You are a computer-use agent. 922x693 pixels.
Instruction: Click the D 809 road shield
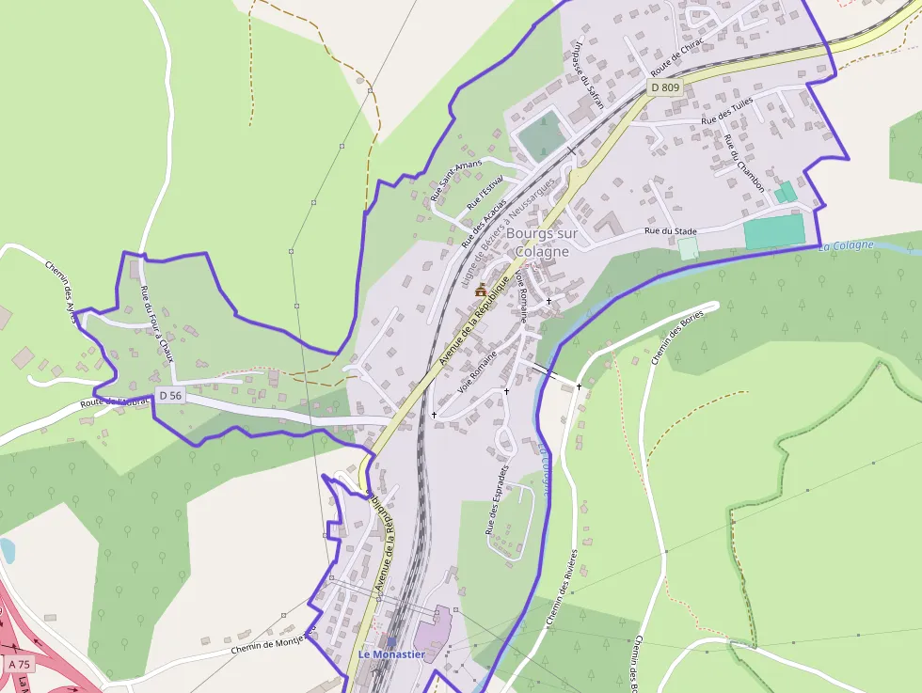[x=665, y=87]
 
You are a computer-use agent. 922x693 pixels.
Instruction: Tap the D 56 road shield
[x=170, y=396]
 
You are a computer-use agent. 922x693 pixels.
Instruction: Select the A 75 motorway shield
[x=19, y=664]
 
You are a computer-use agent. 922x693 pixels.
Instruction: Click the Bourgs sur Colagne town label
[x=537, y=242]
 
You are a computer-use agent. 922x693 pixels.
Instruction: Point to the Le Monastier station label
[x=391, y=654]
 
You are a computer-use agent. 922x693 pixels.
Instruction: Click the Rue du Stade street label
[x=670, y=230]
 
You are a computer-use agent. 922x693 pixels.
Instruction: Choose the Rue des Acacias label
[x=484, y=222]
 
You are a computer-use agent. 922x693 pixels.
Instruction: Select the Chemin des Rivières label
[x=561, y=588]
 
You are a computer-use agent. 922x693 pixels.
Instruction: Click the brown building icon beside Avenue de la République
[x=481, y=290]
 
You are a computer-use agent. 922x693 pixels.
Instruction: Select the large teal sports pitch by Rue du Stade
[x=774, y=231]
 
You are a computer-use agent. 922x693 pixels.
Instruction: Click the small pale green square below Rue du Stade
[x=688, y=248]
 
